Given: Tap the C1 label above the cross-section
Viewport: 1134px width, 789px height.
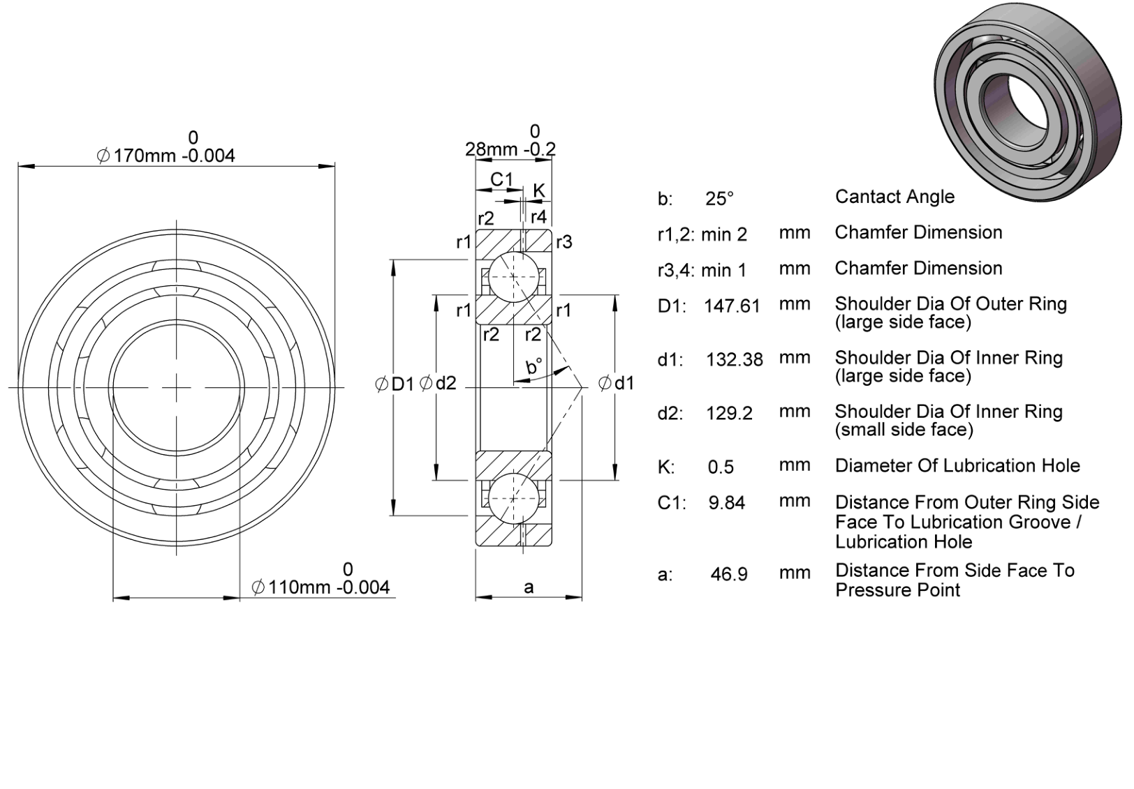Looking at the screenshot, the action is pyautogui.click(x=501, y=179).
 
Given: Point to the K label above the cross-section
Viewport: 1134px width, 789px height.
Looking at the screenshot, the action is pyautogui.click(x=538, y=190).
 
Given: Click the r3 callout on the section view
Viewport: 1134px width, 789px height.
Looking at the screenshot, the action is pyautogui.click(x=564, y=242).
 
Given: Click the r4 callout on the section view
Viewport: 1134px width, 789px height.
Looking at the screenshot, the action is pyautogui.click(x=538, y=217).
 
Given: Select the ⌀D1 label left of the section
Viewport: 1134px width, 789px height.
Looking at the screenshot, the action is pyautogui.click(x=395, y=384).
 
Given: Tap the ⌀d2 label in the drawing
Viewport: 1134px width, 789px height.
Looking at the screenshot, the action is pyautogui.click(x=439, y=383).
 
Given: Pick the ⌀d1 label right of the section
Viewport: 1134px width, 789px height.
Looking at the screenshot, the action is pyautogui.click(x=616, y=384).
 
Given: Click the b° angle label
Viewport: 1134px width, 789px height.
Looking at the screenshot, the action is pyautogui.click(x=534, y=366).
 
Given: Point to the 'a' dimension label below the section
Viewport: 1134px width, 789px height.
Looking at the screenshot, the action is pyautogui.click(x=529, y=587).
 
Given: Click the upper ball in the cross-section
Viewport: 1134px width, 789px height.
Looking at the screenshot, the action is pyautogui.click(x=513, y=277).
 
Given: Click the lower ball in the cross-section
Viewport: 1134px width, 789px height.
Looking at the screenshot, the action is pyautogui.click(x=513, y=499).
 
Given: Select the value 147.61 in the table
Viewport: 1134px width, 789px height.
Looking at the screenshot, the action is pyautogui.click(x=732, y=306).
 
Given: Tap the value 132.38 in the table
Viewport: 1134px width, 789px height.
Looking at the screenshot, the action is pyautogui.click(x=735, y=359).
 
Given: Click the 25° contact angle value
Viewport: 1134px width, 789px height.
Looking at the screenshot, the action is pyautogui.click(x=719, y=198).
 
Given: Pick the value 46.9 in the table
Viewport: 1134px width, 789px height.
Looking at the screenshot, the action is pyautogui.click(x=729, y=574).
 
